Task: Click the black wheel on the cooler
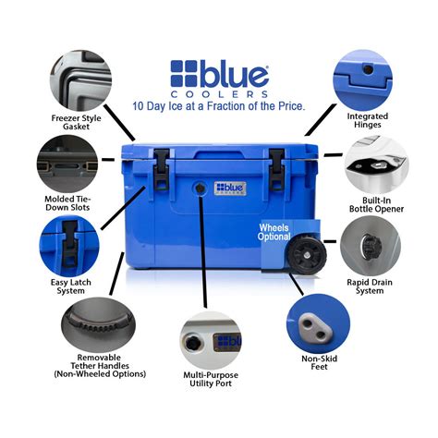300,256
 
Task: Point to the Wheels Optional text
274,231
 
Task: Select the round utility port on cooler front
199,188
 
